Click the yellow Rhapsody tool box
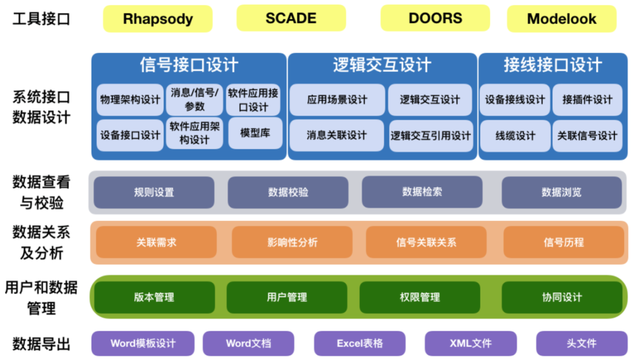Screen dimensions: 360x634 pyautogui.click(x=157, y=19)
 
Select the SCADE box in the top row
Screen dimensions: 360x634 pyautogui.click(x=291, y=18)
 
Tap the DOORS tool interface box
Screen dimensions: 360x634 pyautogui.click(x=435, y=18)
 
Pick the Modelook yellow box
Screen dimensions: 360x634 pyautogui.click(x=561, y=19)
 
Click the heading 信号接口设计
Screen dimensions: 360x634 pyautogui.click(x=188, y=65)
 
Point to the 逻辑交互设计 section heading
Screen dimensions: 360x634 pyautogui.click(x=382, y=65)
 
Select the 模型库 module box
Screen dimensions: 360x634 pyautogui.click(x=254, y=133)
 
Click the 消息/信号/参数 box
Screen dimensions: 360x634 pyautogui.click(x=194, y=99)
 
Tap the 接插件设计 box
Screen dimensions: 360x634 pyautogui.click(x=587, y=99)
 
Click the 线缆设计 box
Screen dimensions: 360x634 pyautogui.click(x=515, y=135)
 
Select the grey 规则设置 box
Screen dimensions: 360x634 pyautogui.click(x=154, y=192)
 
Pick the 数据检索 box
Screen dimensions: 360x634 pyautogui.click(x=421, y=191)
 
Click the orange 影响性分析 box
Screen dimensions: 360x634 pyautogui.click(x=292, y=242)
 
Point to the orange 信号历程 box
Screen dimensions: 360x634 pyautogui.click(x=563, y=242)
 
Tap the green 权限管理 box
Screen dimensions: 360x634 pyautogui.click(x=420, y=297)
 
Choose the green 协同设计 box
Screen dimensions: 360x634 pyautogui.click(x=562, y=297)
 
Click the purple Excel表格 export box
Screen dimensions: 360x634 pyautogui.click(x=359, y=344)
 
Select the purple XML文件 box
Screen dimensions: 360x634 pyautogui.click(x=470, y=344)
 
